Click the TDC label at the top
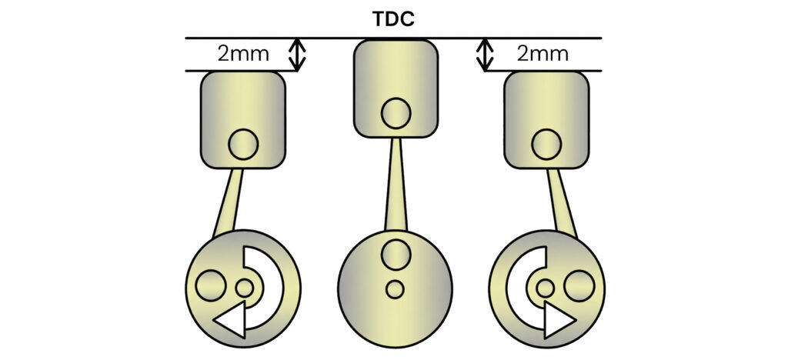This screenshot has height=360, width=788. [x=393, y=18]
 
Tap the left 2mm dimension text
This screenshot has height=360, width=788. [x=243, y=54]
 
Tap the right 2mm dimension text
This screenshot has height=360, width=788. [x=543, y=54]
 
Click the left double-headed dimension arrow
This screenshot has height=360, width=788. [x=297, y=54]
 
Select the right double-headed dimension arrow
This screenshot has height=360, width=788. [x=485, y=54]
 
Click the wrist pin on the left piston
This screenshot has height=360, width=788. [x=243, y=145]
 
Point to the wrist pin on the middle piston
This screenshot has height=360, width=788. [x=396, y=113]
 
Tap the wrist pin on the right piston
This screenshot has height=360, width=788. [x=546, y=145]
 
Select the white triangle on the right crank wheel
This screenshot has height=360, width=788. [x=556, y=320]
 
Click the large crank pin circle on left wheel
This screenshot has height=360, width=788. [x=211, y=285]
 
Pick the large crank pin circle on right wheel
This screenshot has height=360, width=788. [x=579, y=285]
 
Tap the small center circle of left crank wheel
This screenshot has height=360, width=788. [x=245, y=288]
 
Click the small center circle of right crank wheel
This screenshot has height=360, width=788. [x=546, y=288]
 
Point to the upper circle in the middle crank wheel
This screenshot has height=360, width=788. [x=396, y=255]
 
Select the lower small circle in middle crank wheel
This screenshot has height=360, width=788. [x=395, y=289]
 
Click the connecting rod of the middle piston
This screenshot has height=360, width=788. [x=396, y=184]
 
